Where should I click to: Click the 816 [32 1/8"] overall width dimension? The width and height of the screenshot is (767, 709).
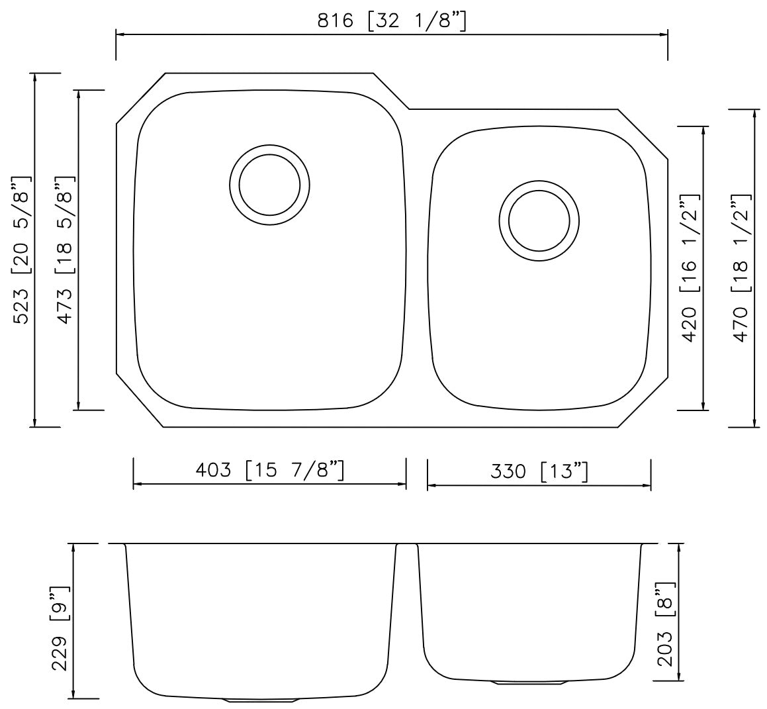[x=392, y=21]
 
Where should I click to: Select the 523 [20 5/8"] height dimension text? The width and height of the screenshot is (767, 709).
[x=22, y=250]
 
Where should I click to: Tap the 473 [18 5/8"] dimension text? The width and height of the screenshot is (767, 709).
[x=66, y=250]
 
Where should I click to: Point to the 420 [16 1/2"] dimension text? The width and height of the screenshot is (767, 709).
[x=690, y=267]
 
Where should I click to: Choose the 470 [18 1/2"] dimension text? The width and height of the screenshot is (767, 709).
[x=741, y=267]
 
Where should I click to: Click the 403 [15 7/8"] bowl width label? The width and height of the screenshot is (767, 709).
[x=269, y=470]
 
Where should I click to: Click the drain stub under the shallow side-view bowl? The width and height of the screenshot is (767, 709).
[x=529, y=682]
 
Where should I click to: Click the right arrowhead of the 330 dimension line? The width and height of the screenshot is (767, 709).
[x=647, y=486]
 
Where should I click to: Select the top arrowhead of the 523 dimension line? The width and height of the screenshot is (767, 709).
[x=35, y=77]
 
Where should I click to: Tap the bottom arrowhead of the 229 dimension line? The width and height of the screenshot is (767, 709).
[x=73, y=694]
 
